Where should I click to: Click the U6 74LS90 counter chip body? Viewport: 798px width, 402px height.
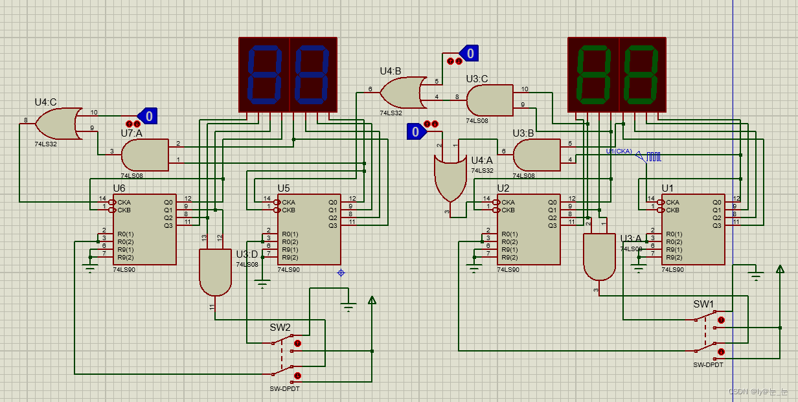(144, 229)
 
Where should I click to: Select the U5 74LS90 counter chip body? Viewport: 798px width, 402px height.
(309, 229)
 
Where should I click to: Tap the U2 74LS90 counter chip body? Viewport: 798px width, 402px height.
(529, 229)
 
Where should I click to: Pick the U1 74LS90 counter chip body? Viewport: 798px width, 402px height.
(693, 229)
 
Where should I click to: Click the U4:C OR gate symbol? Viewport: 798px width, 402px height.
(58, 124)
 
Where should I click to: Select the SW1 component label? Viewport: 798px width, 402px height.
(703, 304)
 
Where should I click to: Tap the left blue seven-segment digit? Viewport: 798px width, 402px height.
(264, 74)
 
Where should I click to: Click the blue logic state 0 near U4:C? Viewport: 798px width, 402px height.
(148, 116)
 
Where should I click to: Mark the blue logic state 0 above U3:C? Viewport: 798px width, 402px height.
(470, 53)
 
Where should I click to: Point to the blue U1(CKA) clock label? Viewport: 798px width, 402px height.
(619, 151)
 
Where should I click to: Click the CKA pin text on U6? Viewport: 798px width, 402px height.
(124, 202)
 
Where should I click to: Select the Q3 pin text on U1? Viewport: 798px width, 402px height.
(717, 225)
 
